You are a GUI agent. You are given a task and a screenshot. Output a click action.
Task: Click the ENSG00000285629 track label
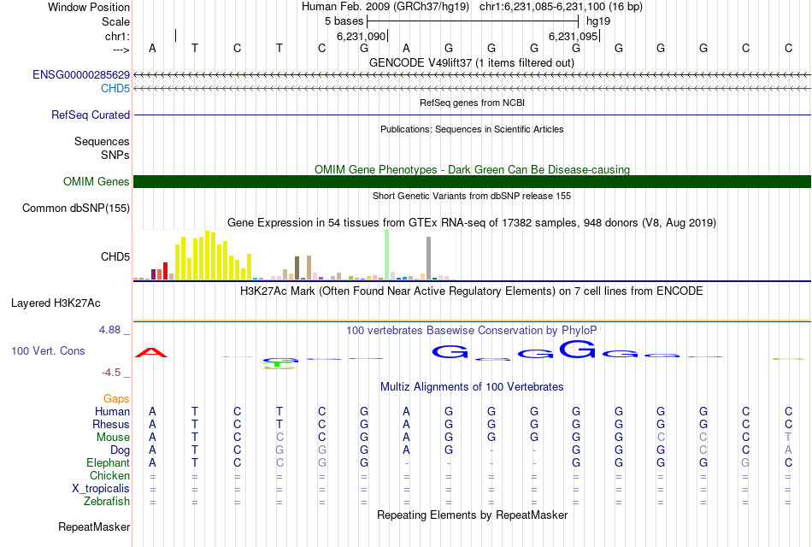[x=81, y=75]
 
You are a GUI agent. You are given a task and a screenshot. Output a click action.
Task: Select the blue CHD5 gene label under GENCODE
[x=115, y=88]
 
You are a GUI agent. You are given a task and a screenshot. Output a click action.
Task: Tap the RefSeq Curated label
[x=91, y=115]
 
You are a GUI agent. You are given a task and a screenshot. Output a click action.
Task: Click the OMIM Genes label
[x=97, y=181]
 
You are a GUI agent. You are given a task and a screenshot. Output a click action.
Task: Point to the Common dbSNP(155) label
[x=76, y=208]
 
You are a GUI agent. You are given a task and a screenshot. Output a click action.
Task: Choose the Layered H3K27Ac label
[x=56, y=303]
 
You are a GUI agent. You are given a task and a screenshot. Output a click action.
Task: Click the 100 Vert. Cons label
[x=48, y=350]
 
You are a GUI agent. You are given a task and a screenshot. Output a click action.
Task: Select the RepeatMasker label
[x=94, y=526]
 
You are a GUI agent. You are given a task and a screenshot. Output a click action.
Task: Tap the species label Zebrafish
[x=107, y=502]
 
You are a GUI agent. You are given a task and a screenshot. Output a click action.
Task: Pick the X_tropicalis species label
[x=101, y=488]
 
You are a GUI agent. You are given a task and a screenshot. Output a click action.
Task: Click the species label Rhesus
[x=111, y=424]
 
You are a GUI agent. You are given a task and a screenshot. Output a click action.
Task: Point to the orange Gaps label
[x=116, y=398]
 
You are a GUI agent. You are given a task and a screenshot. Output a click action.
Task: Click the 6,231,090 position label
[x=362, y=36]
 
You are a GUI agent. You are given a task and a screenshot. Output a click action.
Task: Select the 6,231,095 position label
[x=573, y=36]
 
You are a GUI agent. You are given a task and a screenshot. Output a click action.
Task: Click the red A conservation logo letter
[x=151, y=352]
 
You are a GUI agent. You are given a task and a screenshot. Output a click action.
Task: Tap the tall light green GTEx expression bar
[x=386, y=254]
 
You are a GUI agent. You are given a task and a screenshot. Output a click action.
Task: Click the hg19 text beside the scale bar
[x=598, y=21]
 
